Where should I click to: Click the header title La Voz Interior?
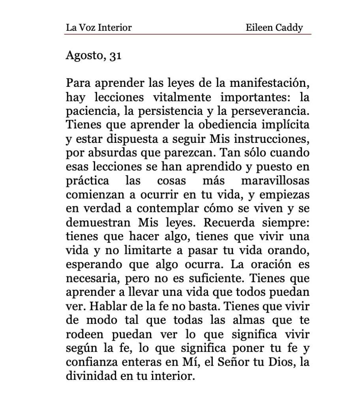(99, 28)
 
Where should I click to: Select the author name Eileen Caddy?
(274, 28)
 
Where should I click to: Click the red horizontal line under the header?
(188, 34)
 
